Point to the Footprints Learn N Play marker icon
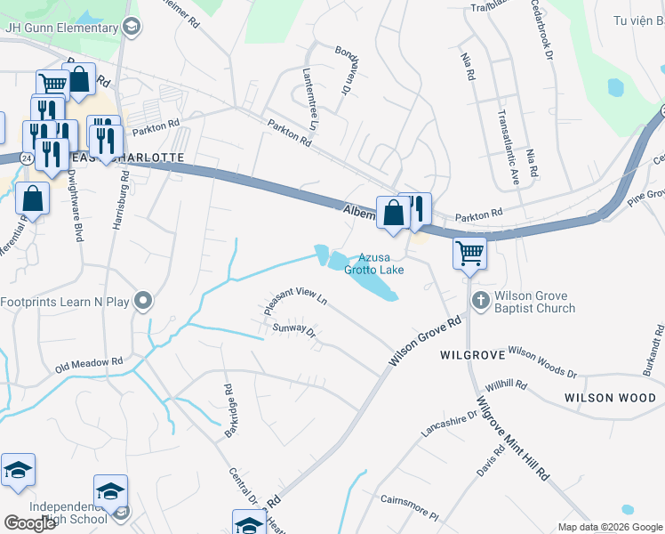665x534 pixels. pos(142,302)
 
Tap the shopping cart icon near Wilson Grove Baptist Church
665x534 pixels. pos(469,253)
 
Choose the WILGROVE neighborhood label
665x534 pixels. pos(473,354)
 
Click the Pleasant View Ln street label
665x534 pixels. pos(296,300)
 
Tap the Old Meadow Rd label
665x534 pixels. pos(88,364)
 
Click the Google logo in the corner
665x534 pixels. pos(28,523)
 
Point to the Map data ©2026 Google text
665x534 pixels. pos(609,527)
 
